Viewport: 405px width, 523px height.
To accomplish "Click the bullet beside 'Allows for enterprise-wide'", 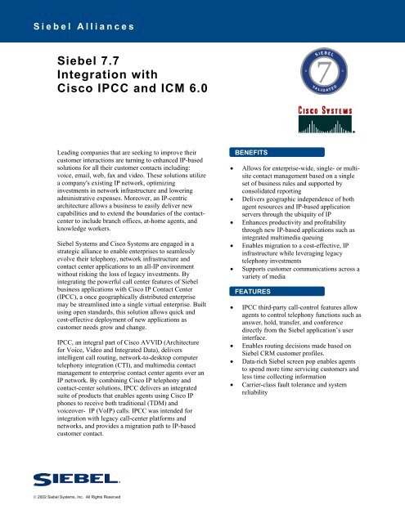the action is pos(224,168).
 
